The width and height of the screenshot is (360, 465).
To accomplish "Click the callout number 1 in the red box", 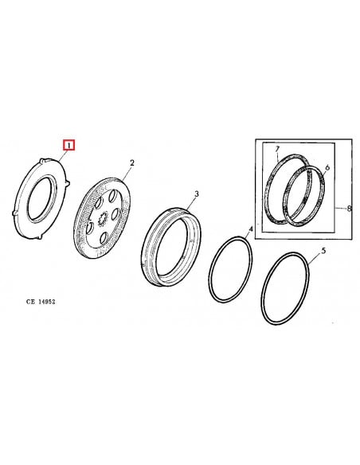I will pos(69,146).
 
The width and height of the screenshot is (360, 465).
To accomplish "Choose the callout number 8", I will pos(349,209).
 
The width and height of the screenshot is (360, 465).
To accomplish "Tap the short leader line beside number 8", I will pos(342,209).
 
